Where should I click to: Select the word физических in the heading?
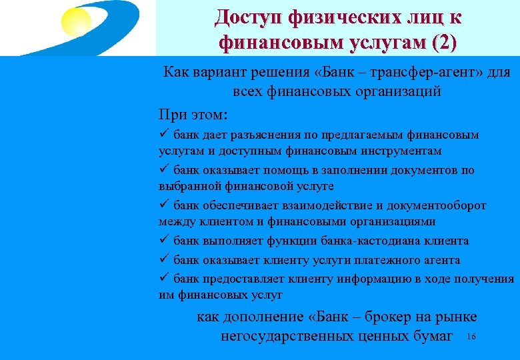(x=346, y=17)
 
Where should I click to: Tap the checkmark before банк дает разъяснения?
(x=164, y=135)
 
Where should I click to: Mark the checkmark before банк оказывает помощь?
(x=164, y=170)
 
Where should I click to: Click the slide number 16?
(x=472, y=337)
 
